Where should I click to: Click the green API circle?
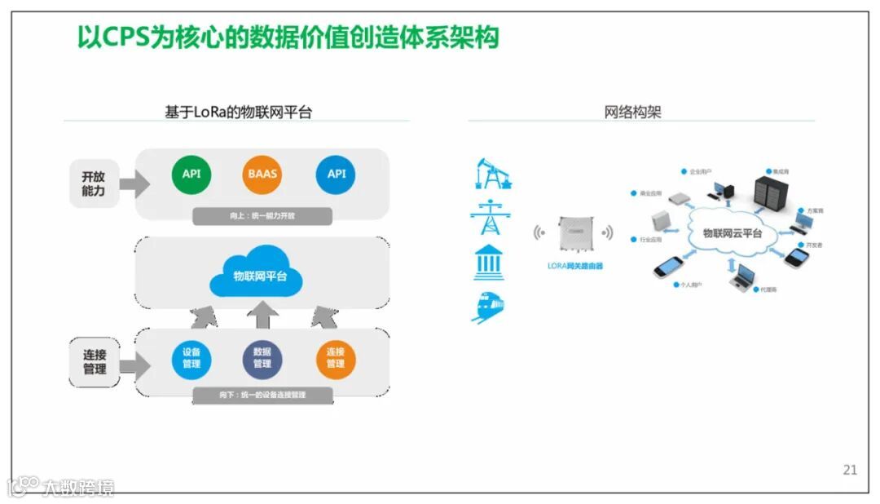pos(191,174)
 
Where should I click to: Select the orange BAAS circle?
pos(262,174)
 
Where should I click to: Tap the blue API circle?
pos(337,174)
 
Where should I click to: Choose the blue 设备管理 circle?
pos(191,358)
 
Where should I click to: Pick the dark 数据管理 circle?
pos(262,358)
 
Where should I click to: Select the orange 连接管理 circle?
pos(336,358)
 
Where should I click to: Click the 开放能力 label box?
pos(94,183)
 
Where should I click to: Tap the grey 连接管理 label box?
pos(95,362)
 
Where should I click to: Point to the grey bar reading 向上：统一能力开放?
pos(262,216)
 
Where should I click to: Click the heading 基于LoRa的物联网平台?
pos(238,113)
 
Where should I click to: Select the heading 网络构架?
pos(632,113)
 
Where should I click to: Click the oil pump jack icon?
pos(492,173)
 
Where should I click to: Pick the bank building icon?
pos(488,262)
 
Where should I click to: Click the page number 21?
pos(850,470)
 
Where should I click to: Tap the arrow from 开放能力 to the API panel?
pos(134,183)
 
